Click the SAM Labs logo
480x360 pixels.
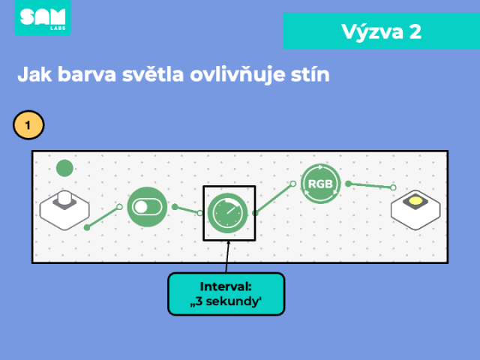43,17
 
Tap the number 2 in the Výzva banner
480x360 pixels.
415,31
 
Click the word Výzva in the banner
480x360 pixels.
372,32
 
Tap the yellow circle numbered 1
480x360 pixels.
28,125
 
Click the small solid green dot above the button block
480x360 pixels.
64,168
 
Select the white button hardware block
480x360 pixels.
64,210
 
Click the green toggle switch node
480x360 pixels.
147,207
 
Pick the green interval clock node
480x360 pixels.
227,213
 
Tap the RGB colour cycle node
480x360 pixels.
320,184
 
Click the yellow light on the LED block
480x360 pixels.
415,201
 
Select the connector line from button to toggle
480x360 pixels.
103,217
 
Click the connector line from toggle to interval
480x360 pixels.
187,210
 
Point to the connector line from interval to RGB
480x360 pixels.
274,198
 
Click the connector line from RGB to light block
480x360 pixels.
370,185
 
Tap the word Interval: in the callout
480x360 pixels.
226,286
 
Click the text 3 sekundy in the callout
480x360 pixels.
226,301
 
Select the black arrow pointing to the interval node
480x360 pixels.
227,256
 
